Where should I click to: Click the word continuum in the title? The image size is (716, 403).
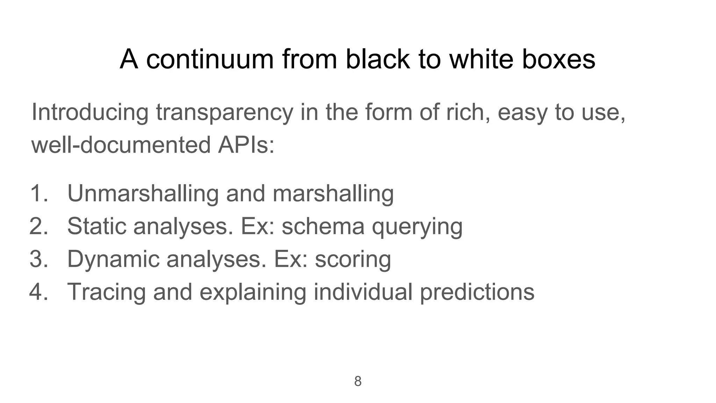210,59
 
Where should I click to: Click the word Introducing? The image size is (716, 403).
90,113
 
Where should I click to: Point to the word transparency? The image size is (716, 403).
224,113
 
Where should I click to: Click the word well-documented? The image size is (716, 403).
121,145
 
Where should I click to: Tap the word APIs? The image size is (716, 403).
246,145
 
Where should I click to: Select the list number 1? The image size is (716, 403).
38,193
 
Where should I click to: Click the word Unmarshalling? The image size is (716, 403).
143,193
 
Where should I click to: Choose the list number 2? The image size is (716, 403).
38,226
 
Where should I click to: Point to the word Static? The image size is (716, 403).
96,226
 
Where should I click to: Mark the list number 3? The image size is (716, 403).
38,259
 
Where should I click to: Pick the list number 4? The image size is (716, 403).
38,292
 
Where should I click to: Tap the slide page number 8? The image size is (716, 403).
358,381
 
